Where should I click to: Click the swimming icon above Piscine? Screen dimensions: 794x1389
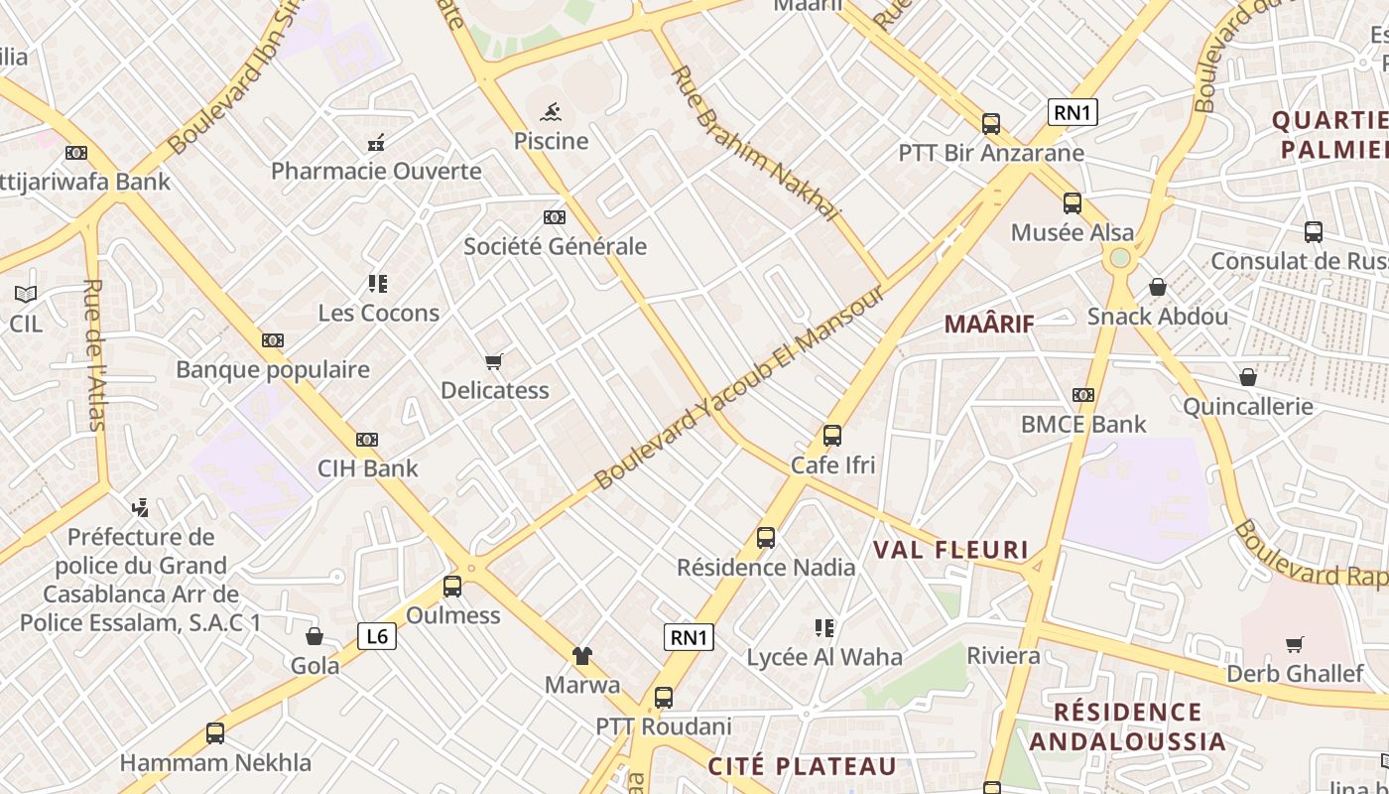click(551, 111)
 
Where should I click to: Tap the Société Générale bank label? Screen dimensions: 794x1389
click(555, 246)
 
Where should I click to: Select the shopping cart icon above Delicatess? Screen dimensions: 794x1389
click(494, 361)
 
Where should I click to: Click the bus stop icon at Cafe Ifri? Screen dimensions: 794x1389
click(832, 436)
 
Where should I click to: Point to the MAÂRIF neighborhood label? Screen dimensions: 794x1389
click(989, 324)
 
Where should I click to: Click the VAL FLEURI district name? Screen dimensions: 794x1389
click(950, 550)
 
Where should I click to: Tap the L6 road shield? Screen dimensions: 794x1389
click(377, 636)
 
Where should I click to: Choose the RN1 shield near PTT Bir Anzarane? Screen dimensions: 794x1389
click(1073, 112)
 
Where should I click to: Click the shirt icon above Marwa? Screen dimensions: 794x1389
click(582, 655)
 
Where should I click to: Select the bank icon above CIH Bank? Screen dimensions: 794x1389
click(367, 440)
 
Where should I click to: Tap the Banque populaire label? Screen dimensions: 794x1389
click(273, 370)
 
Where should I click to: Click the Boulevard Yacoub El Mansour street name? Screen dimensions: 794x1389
click(739, 389)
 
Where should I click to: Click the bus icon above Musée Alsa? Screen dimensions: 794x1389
click(1073, 203)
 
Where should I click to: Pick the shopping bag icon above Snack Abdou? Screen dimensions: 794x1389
click(1157, 288)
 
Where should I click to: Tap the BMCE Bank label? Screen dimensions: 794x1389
click(1083, 425)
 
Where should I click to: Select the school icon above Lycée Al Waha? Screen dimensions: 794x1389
click(823, 627)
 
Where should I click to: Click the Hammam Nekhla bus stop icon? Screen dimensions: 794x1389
click(215, 733)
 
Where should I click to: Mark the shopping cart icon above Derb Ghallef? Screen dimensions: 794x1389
click(1294, 645)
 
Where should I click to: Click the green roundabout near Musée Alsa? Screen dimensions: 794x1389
click(1120, 258)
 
